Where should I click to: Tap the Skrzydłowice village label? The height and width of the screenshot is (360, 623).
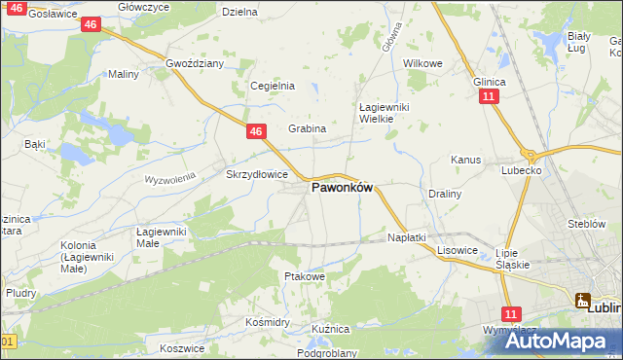point(257,174)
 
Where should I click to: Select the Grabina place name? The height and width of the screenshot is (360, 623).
point(307,128)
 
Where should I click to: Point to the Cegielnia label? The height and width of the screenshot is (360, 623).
point(273,86)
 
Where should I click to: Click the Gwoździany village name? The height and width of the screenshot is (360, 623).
point(195,63)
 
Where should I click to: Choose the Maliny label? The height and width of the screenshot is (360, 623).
point(124,74)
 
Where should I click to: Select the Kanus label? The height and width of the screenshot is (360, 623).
point(466,160)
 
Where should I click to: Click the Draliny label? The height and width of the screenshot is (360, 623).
point(445,194)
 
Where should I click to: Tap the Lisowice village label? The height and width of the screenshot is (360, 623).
point(456,249)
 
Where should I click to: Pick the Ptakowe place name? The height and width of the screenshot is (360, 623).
point(303,276)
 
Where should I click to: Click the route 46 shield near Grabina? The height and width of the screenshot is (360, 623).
point(255,130)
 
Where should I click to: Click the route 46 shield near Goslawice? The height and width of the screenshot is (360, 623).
point(90,24)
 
